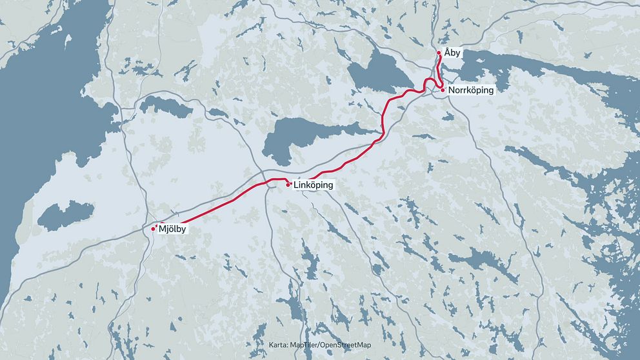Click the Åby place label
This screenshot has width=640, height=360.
(452, 53)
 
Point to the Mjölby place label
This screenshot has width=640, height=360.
(173, 228)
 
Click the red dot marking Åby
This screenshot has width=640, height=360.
(439, 52)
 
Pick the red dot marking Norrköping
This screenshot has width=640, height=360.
(443, 90)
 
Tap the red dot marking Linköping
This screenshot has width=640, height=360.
(288, 185)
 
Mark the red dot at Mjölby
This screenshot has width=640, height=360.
(153, 228)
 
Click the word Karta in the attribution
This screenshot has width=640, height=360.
(279, 346)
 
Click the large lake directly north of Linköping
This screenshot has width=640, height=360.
(303, 135)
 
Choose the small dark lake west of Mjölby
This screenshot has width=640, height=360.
(65, 214)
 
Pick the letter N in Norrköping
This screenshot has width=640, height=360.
(452, 90)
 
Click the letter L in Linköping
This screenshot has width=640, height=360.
(295, 185)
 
